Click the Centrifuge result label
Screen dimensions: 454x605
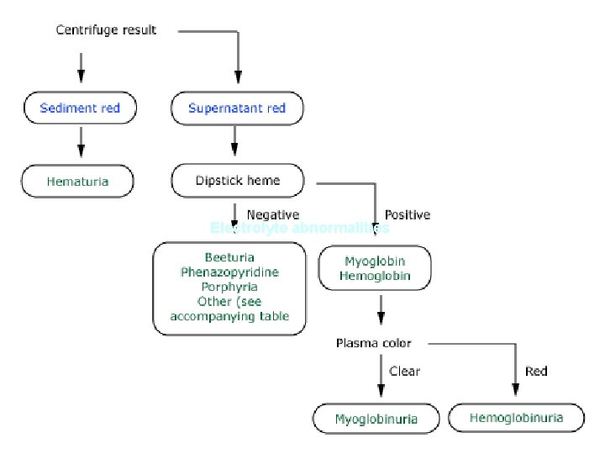106,30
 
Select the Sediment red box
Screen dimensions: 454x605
80,108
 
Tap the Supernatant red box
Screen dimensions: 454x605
237,108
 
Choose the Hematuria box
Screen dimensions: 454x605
78,181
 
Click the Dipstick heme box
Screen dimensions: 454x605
237,180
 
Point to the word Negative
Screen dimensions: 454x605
272,215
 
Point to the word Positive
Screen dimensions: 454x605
407,215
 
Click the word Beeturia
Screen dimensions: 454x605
229,256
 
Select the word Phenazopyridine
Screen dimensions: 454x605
229,272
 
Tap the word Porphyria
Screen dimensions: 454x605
229,287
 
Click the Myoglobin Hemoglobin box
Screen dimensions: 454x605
376,269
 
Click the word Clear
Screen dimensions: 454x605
404,371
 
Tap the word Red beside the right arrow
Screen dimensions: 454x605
536,371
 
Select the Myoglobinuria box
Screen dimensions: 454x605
376,418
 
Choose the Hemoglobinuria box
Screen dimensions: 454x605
516,417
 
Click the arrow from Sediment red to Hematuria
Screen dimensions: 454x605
81,141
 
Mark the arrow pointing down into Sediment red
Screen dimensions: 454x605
81,67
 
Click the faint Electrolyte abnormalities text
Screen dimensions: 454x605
300,228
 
